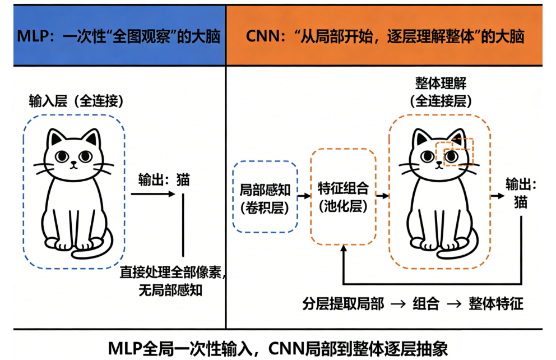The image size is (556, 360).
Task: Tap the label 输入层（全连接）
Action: (76, 100)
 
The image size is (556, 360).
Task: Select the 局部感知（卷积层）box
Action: (265, 197)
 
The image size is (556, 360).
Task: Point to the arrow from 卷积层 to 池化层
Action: (304, 196)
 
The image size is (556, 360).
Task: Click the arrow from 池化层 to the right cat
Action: (382, 196)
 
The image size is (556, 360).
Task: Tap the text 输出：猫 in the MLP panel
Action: (164, 179)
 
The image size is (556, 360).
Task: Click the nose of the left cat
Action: (73, 164)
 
